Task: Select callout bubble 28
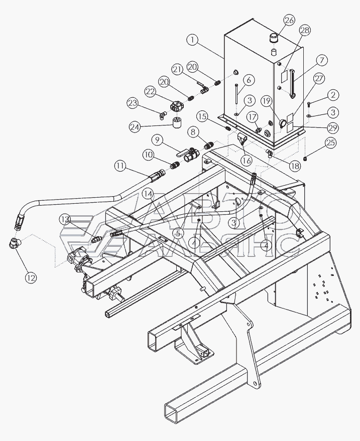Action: [305, 31]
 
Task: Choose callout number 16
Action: [246, 161]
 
